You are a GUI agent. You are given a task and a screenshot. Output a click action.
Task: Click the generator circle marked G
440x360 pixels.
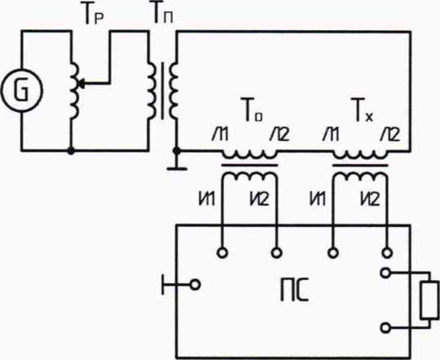(x=22, y=91)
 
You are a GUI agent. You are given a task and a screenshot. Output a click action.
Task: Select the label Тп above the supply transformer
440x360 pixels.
(x=162, y=12)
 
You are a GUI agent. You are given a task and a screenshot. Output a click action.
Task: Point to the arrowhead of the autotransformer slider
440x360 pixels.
(x=80, y=83)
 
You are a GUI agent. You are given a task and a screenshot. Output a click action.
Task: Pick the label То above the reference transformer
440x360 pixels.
(x=252, y=109)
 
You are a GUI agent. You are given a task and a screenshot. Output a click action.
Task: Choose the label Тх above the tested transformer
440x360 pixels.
(x=362, y=109)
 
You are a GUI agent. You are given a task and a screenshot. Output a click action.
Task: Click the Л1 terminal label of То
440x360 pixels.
(x=220, y=135)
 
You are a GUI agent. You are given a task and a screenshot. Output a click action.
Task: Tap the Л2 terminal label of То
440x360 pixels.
(x=279, y=135)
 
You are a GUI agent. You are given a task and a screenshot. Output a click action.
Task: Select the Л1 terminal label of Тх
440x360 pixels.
(x=331, y=135)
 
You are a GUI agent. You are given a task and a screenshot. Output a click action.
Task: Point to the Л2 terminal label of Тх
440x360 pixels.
(x=389, y=135)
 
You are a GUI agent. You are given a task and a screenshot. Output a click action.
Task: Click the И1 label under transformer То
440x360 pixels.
(x=207, y=199)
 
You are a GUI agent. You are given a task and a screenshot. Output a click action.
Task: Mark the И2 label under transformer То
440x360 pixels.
(x=259, y=199)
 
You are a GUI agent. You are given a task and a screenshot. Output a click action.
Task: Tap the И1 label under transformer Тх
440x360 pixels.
(x=318, y=199)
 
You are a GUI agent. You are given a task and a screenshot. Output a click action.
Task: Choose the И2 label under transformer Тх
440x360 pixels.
(x=370, y=199)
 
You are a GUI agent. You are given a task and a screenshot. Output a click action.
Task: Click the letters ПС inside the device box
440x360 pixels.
(x=295, y=290)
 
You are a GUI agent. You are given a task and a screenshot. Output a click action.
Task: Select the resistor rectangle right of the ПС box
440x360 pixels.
(x=429, y=300)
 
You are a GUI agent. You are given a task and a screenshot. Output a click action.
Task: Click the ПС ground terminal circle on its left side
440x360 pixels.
(x=195, y=285)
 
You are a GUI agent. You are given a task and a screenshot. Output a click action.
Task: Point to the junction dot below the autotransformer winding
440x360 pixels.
(x=71, y=151)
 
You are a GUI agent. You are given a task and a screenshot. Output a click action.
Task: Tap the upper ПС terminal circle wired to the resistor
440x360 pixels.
(x=386, y=273)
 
